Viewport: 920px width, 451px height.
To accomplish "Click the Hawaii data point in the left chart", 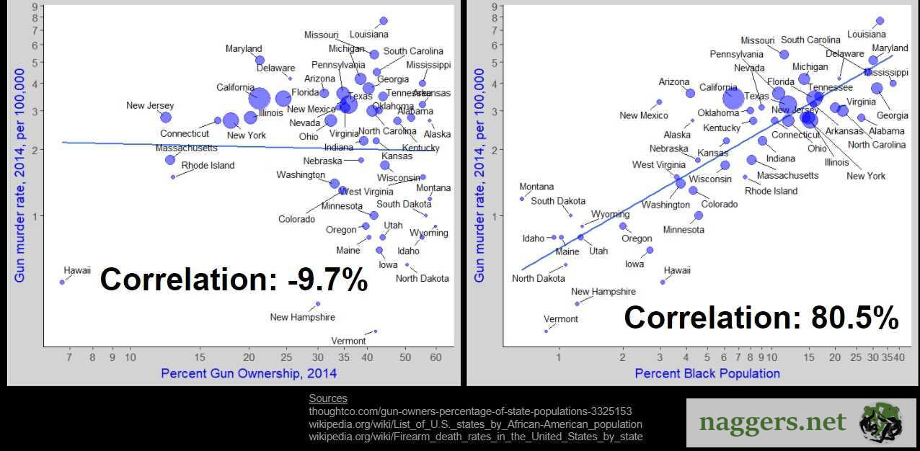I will coord(62,282).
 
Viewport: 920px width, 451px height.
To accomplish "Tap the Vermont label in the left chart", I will coord(348,341).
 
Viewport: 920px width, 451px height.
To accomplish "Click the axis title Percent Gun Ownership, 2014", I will coord(249,373).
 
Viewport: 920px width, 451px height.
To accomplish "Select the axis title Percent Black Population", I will coord(707,373).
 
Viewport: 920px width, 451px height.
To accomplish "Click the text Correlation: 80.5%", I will coord(761,318).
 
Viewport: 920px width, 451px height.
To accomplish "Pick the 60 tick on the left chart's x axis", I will coord(435,357).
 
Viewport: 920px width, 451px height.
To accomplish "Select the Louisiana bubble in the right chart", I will coord(880,21).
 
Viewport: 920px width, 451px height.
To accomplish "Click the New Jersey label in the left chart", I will coord(150,106).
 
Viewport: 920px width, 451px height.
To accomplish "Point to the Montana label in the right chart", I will coord(536,187).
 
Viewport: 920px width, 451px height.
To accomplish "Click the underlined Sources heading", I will coord(328,398).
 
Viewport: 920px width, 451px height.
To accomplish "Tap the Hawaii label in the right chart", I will coord(677,270).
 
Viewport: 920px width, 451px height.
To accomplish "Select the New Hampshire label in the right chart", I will coord(603,292).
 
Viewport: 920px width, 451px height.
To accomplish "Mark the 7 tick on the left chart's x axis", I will coord(69,357).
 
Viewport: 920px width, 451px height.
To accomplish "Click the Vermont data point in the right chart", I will coord(546,331).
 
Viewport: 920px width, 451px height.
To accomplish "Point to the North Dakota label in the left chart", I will coord(422,278).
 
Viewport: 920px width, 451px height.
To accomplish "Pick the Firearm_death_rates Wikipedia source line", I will coord(475,437).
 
